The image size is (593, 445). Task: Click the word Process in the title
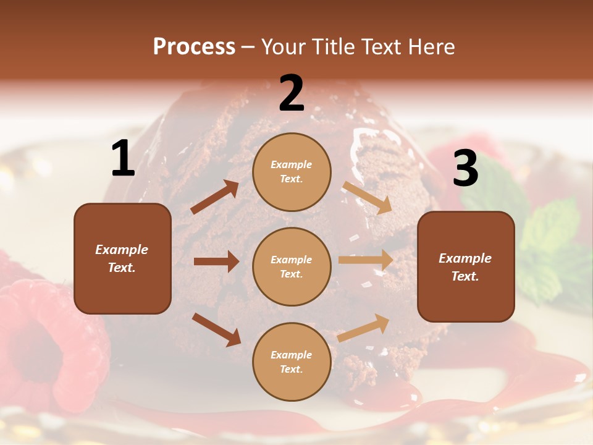coord(194,47)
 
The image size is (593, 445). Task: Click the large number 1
coord(123,159)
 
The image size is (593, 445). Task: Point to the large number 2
coord(292,93)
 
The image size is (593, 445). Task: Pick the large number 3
coord(465,169)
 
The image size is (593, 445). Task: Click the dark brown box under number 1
coord(122,258)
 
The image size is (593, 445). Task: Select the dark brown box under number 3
coord(466,267)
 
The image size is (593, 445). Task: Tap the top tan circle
coord(292,172)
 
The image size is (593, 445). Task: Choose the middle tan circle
coord(292,266)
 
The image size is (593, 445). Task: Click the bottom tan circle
coord(292,362)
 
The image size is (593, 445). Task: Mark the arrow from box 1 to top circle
coord(214,197)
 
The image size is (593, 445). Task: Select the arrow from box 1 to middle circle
coord(216,261)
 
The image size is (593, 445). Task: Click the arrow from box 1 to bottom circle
coord(216,329)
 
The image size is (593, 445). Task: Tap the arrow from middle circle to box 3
coord(366,260)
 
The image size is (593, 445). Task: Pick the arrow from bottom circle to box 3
coord(363,328)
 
